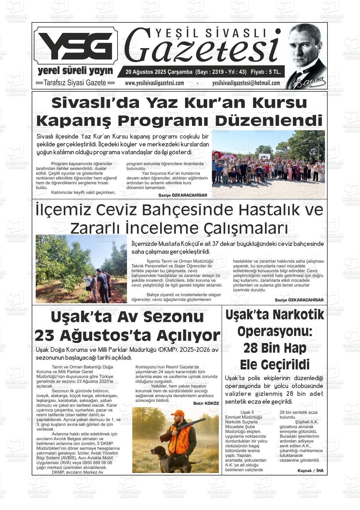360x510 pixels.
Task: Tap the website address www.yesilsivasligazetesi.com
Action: point(154,83)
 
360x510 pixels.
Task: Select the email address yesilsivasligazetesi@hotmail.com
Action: point(246,83)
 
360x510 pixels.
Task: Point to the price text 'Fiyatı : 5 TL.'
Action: point(265,72)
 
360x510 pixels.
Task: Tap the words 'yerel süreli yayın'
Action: point(75,70)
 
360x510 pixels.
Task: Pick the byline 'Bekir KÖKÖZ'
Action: point(206,403)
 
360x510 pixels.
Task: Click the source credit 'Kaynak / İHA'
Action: point(310,470)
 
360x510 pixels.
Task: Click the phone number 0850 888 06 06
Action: point(97,462)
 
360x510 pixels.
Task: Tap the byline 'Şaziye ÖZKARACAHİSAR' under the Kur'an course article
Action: point(183,195)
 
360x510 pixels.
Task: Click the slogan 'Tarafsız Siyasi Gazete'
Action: point(75,83)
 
